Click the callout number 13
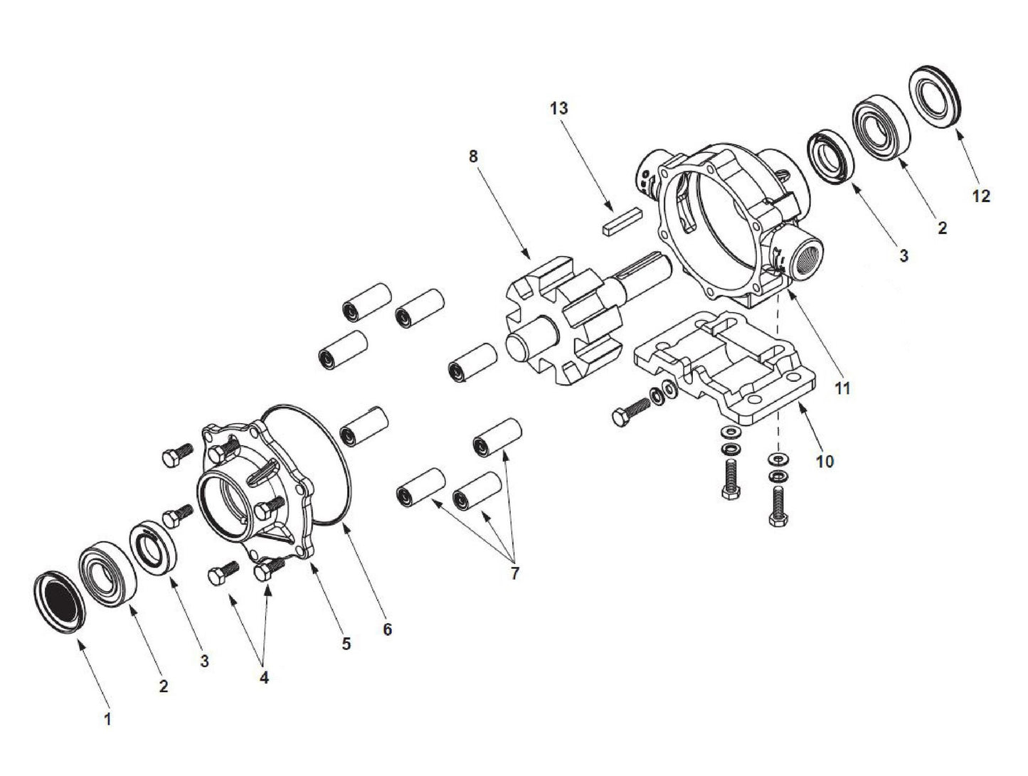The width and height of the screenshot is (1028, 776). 559,109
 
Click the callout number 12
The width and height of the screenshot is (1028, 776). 980,196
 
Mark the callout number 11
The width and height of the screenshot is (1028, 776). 842,388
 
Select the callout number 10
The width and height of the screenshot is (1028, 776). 824,462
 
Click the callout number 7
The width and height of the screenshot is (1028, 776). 514,573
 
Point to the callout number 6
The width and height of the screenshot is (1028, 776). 387,629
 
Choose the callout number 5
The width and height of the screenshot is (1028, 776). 346,644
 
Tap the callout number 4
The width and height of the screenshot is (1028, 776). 264,678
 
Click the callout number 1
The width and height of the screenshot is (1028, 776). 107,720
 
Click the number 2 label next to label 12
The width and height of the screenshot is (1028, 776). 942,228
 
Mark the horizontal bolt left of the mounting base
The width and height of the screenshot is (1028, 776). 630,411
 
